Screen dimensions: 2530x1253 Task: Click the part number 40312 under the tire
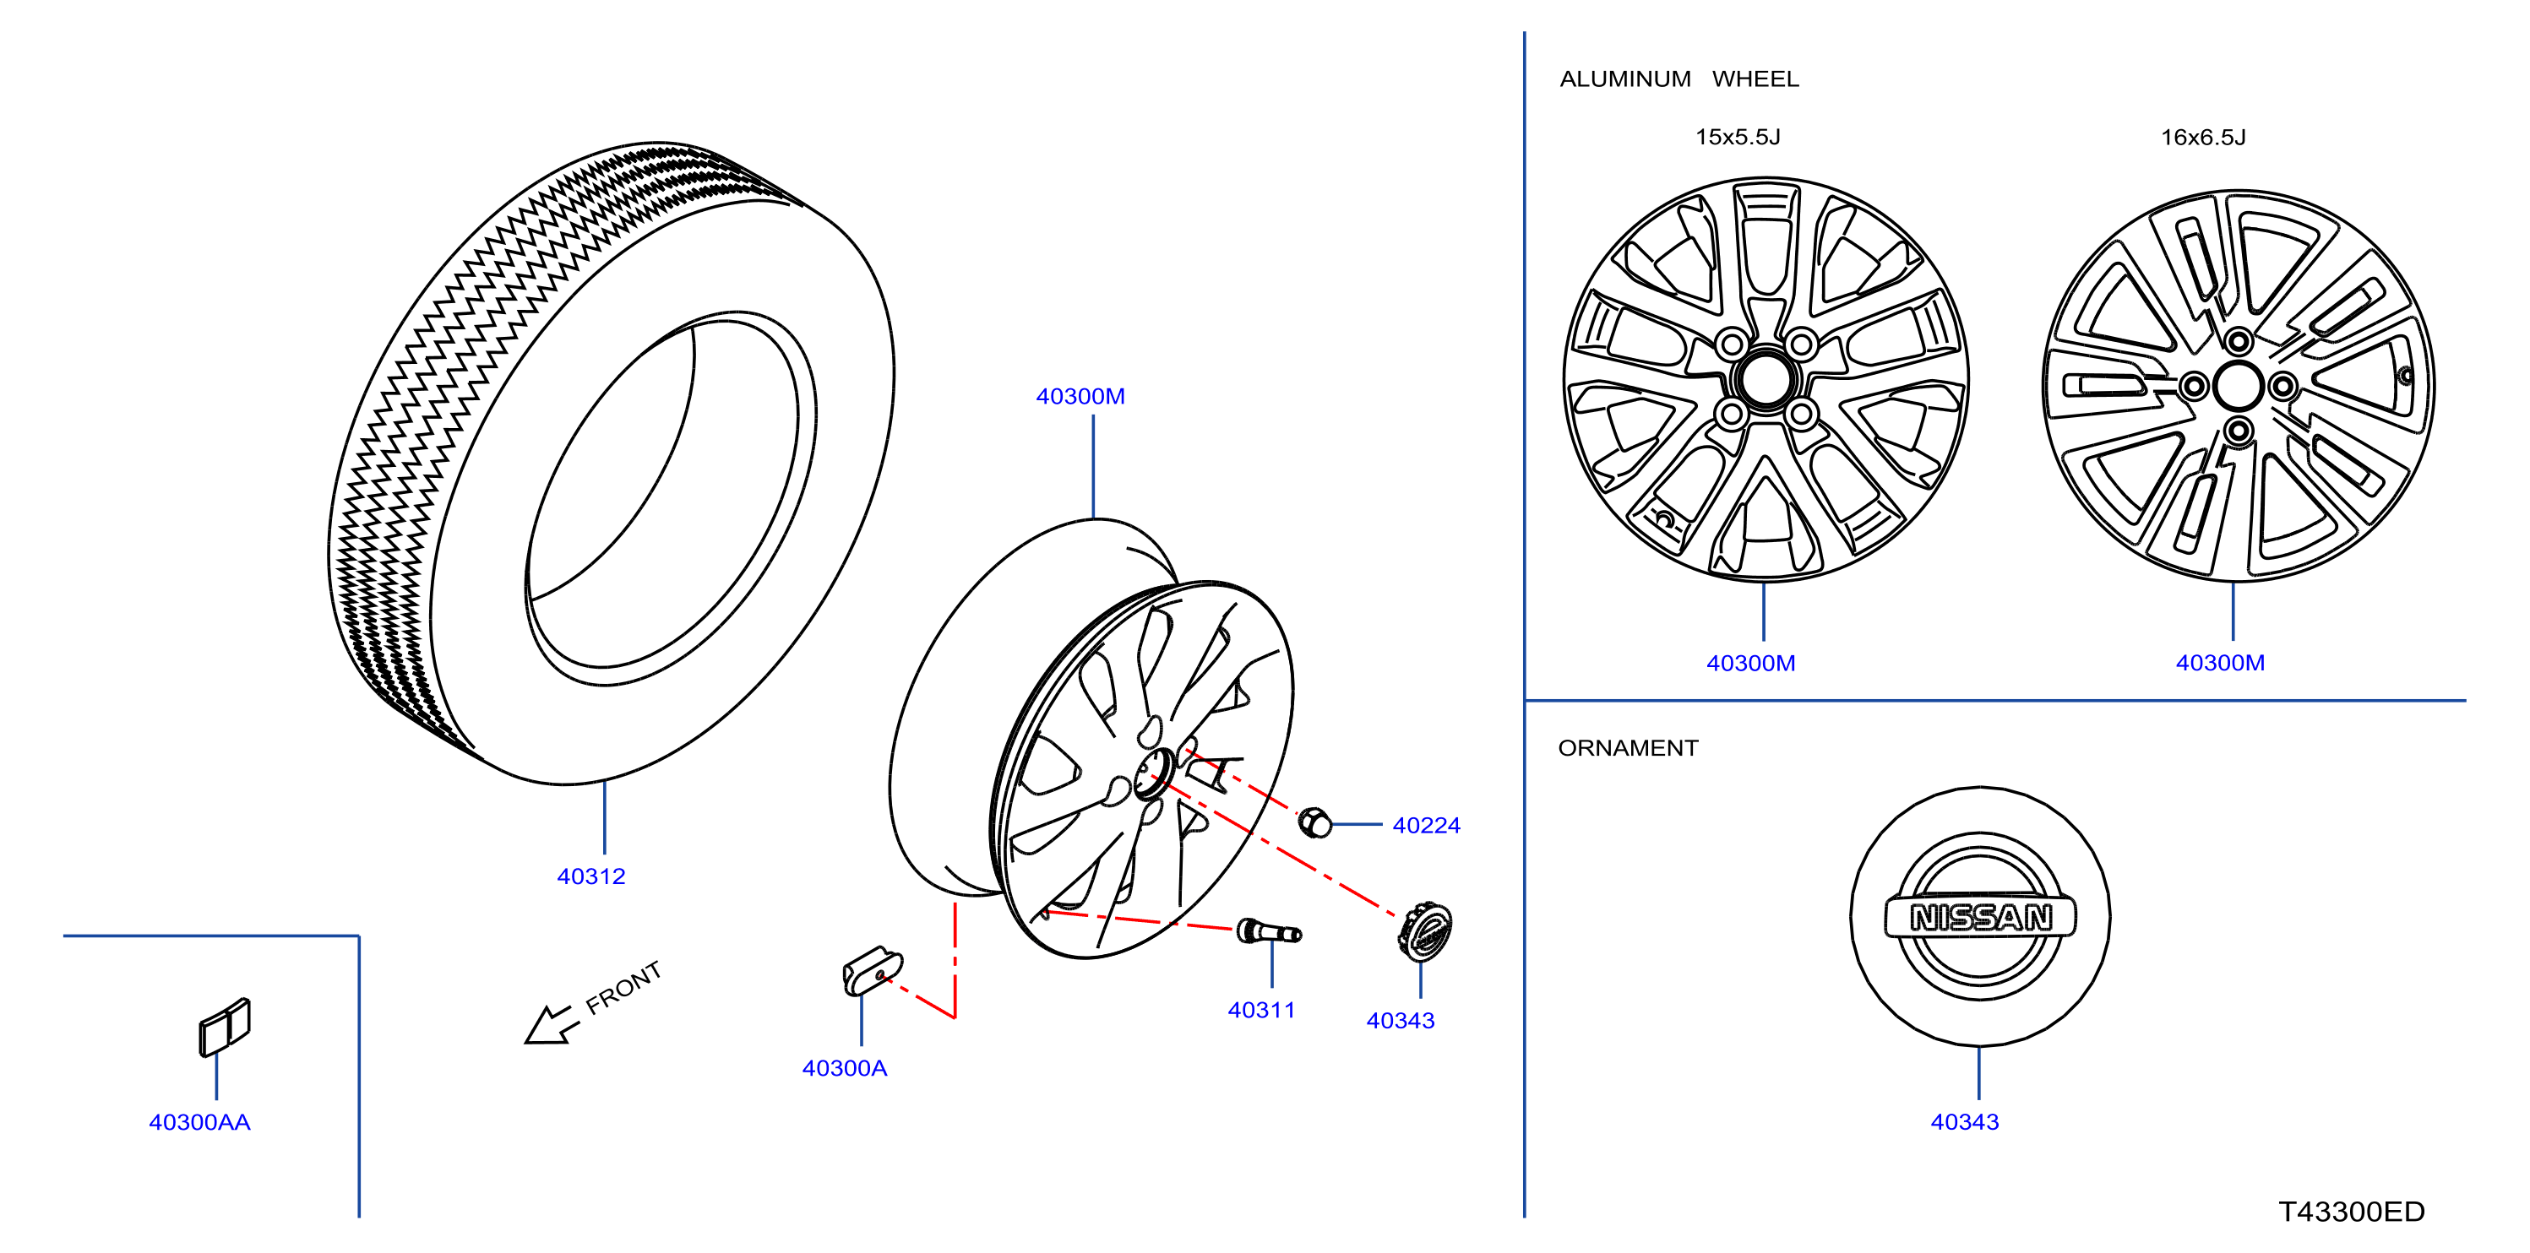click(x=591, y=876)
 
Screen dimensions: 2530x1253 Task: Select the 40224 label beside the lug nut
click(x=1426, y=826)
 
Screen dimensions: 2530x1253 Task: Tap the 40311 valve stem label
click(x=1261, y=1010)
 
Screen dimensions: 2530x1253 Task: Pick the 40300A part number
click(x=845, y=1067)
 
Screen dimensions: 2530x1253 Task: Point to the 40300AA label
click(x=199, y=1121)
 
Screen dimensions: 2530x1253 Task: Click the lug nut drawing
click(x=1315, y=823)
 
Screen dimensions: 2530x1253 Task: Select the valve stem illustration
click(x=1268, y=932)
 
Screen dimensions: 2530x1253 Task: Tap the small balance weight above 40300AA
click(x=225, y=1028)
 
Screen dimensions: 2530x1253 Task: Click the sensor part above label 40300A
click(x=872, y=970)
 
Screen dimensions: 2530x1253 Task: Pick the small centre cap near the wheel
click(x=1424, y=931)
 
